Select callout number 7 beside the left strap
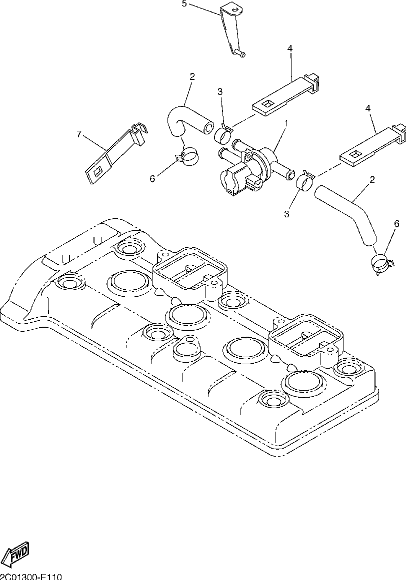click(78, 134)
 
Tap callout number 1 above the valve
click(286, 122)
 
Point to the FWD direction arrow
click(16, 553)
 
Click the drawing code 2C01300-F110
click(31, 576)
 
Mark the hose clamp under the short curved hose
click(187, 156)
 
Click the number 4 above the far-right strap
click(368, 108)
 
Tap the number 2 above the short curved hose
click(192, 76)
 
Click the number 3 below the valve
click(286, 214)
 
